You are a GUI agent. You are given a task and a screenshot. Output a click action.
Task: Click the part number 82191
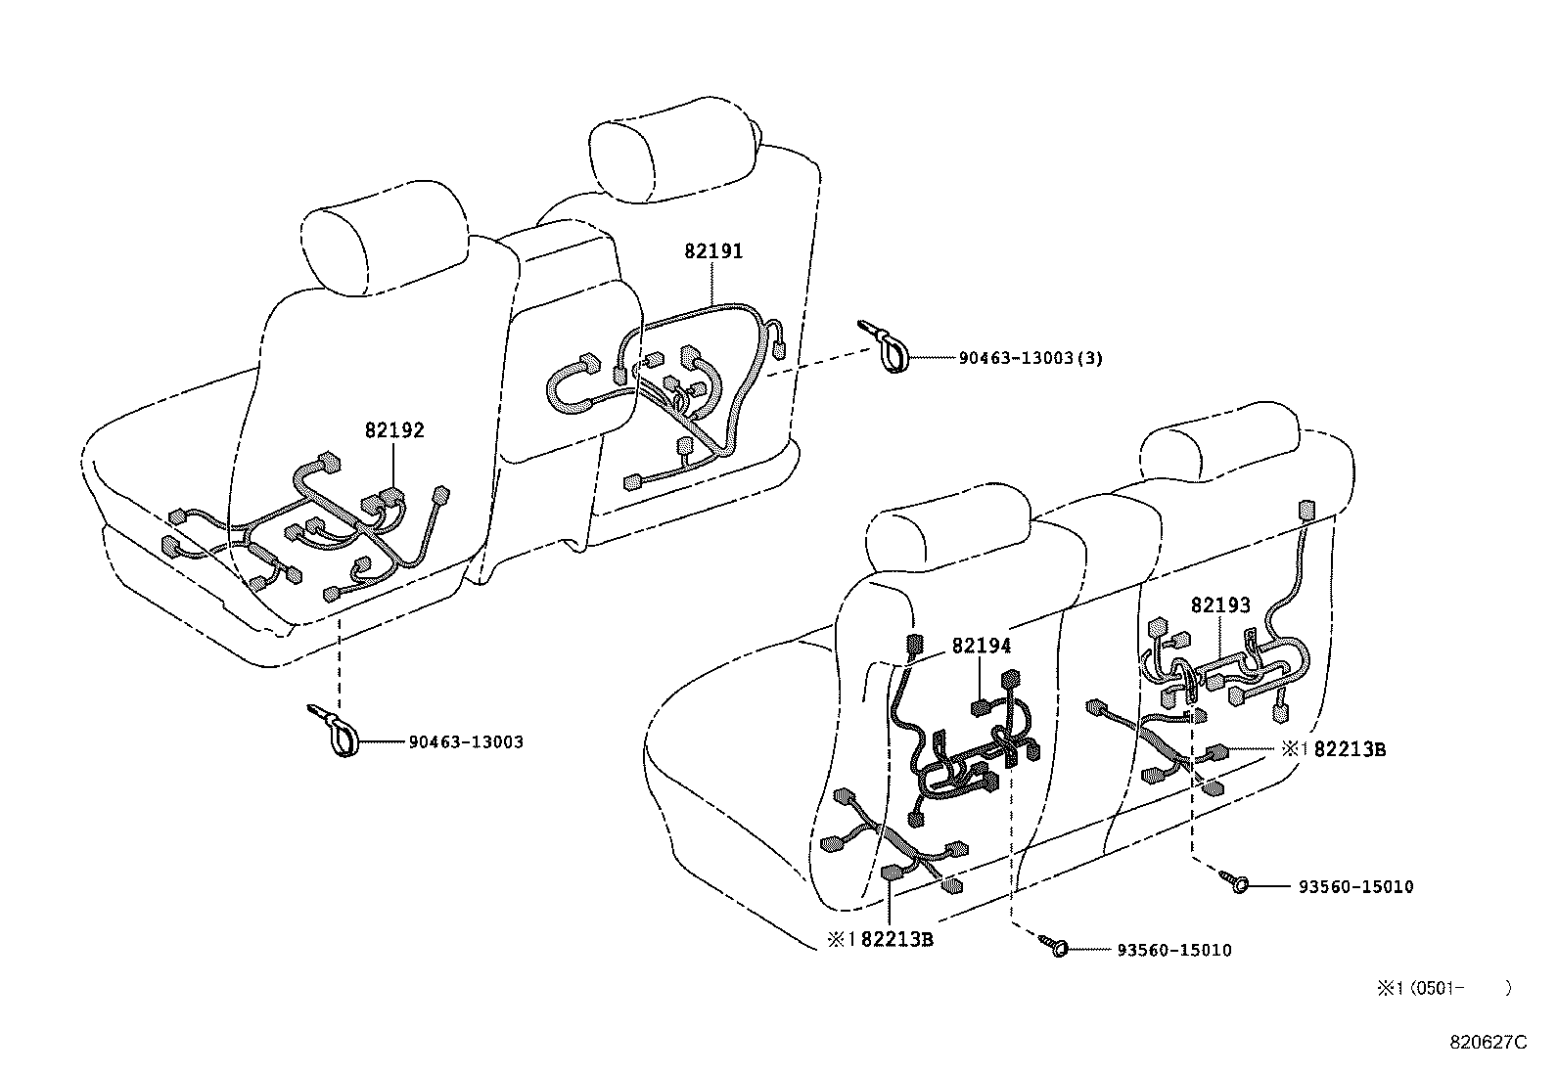[713, 251]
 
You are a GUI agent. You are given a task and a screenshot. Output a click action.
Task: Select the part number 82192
[394, 430]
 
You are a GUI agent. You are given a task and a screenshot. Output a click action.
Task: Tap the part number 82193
[1220, 605]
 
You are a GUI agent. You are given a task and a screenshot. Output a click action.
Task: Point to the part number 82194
[982, 646]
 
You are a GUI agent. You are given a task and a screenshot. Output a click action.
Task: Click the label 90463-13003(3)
[1031, 358]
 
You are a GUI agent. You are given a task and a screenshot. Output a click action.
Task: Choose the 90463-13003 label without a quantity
[466, 741]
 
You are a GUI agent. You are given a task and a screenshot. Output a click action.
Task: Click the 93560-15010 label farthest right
[1355, 887]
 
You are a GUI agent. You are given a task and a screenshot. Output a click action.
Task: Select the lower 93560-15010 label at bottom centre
[1173, 950]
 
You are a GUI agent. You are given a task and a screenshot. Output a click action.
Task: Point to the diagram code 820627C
[1488, 1042]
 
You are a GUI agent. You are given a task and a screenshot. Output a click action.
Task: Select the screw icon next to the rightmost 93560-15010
[1235, 883]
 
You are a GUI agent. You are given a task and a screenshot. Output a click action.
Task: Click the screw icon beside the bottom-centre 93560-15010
[1055, 945]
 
